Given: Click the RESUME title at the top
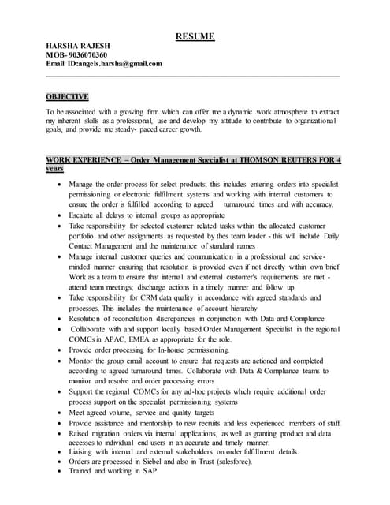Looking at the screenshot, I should pyautogui.click(x=195, y=36).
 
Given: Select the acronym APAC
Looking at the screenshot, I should pyautogui.click(x=116, y=339).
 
